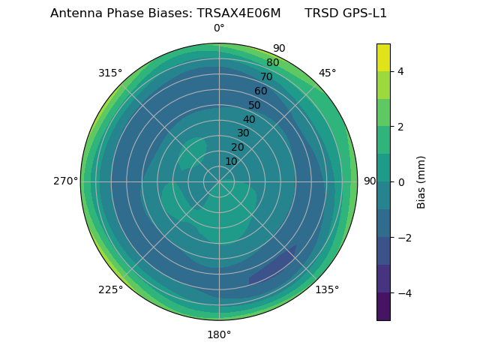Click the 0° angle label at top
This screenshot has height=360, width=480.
point(219,28)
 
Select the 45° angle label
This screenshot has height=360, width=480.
point(327,73)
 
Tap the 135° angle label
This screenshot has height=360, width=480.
point(327,289)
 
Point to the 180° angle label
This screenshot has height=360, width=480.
point(219,334)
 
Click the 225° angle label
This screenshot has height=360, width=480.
point(110,289)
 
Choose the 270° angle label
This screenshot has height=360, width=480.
point(66,181)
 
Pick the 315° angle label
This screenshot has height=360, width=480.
point(110,73)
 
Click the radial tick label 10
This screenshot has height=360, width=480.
point(231,161)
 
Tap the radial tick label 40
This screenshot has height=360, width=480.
point(249,119)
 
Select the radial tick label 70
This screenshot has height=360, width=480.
point(266,76)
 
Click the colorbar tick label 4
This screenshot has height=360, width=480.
point(400,71)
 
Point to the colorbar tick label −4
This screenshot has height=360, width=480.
point(403,292)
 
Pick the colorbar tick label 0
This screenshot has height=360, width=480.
point(400,182)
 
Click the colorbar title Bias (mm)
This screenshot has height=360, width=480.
point(421,181)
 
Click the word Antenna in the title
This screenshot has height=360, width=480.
point(73,13)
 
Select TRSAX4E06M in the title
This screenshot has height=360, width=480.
point(238,13)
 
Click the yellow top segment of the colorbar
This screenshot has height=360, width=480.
point(383,57)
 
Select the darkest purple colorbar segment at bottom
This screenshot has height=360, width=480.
point(383,306)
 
